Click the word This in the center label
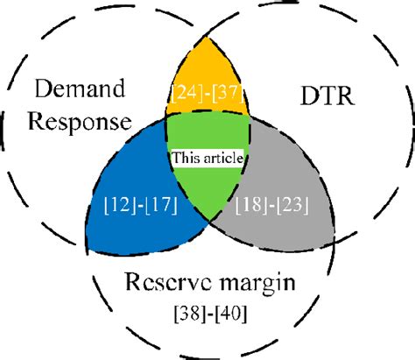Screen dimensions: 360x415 click(185, 159)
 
